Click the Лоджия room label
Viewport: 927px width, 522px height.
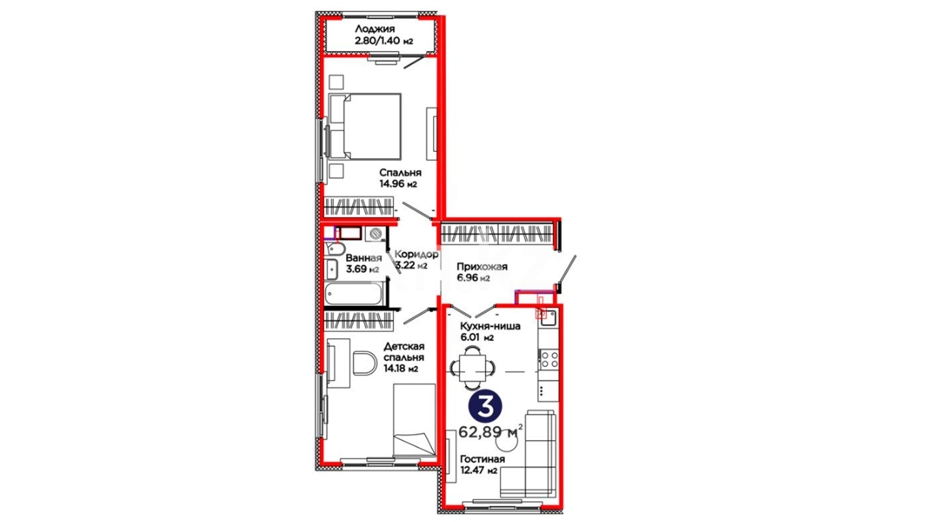(x=375, y=29)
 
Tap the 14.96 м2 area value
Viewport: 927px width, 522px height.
(x=398, y=184)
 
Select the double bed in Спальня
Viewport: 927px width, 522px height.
(x=365, y=126)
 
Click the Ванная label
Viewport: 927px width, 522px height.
(x=363, y=258)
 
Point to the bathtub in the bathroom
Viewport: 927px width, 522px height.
(x=355, y=294)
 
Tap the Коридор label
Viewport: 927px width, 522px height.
(x=417, y=254)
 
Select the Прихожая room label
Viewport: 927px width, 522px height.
(x=482, y=267)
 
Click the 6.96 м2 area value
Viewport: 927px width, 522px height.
(x=473, y=278)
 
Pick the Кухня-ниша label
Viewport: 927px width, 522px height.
(x=490, y=326)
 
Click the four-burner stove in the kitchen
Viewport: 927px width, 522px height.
(x=549, y=360)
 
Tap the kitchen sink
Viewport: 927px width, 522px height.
(x=548, y=318)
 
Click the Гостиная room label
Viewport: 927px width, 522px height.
(x=482, y=459)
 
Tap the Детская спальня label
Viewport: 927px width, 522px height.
(x=404, y=352)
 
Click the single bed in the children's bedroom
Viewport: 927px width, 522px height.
(x=414, y=420)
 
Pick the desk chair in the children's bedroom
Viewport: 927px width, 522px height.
(x=365, y=363)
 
